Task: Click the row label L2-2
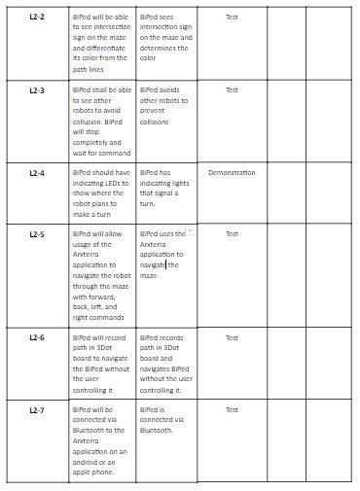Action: [x=37, y=18]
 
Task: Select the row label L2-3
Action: [x=37, y=89]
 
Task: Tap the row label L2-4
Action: [x=37, y=173]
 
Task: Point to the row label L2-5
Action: [x=37, y=234]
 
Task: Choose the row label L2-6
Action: [x=37, y=337]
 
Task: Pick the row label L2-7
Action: [x=37, y=410]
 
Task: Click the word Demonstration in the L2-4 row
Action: [x=232, y=173]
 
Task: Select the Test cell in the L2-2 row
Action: [x=232, y=18]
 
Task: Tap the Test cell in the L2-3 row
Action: [x=232, y=89]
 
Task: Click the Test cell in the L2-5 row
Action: [x=232, y=234]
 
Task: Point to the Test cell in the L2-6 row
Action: [x=232, y=337]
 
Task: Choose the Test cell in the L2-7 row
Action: [x=232, y=410]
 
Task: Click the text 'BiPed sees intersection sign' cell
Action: [x=164, y=37]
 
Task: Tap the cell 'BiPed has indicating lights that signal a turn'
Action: [x=164, y=189]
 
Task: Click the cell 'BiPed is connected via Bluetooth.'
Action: [x=164, y=420]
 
